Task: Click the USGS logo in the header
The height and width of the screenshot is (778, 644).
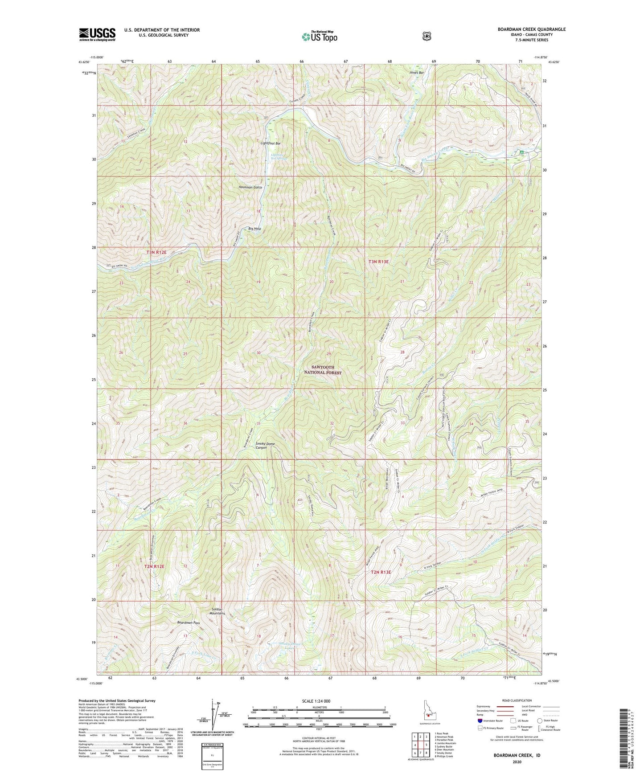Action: [x=97, y=34]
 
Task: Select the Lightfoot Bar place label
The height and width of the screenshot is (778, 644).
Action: [x=271, y=143]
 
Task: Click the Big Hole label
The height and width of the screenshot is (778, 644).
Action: [x=254, y=229]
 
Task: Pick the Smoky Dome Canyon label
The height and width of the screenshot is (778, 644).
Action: [x=267, y=446]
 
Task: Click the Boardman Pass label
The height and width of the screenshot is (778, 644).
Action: [x=189, y=622]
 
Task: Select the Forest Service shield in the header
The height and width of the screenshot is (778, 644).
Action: [x=427, y=36]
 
